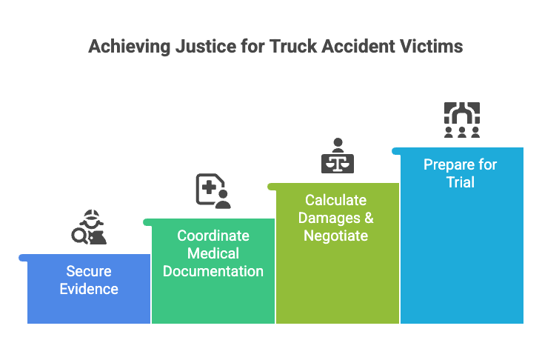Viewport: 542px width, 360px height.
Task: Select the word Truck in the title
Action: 289,46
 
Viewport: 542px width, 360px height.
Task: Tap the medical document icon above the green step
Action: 213,190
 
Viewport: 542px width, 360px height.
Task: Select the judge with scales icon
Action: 338,155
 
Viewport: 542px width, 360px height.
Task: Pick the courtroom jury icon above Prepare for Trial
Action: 462,119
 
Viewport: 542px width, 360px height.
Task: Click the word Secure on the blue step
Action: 89,271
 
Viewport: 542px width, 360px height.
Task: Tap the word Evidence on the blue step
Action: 89,289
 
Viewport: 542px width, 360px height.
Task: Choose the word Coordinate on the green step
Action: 213,236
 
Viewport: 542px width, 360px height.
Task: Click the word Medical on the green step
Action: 213,253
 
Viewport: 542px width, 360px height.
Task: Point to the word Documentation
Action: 213,271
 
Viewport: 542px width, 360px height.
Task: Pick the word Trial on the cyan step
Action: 461,182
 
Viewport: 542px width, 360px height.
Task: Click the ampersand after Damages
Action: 368,218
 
